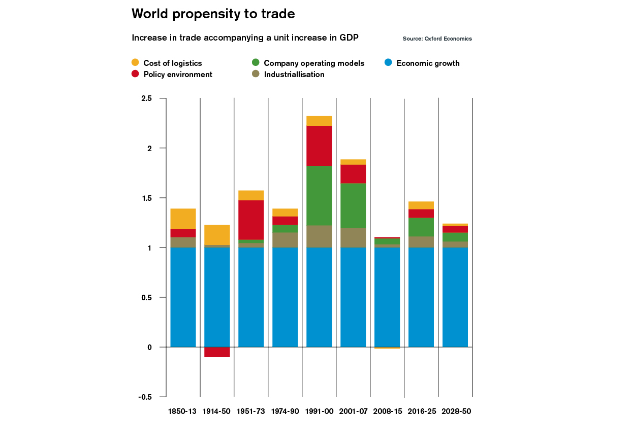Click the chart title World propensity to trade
[x=213, y=14]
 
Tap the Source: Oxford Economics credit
[x=437, y=39]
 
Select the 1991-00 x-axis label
[x=319, y=411]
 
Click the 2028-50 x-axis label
[x=455, y=411]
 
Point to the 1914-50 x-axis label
[x=217, y=411]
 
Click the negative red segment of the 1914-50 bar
[x=217, y=352]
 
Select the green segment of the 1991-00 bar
[x=319, y=196]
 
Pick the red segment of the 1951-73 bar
[x=251, y=220]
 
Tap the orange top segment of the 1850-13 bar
[x=183, y=219]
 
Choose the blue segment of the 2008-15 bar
[x=387, y=297]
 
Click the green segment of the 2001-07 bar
[x=353, y=205]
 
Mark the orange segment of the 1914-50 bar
[x=217, y=235]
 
